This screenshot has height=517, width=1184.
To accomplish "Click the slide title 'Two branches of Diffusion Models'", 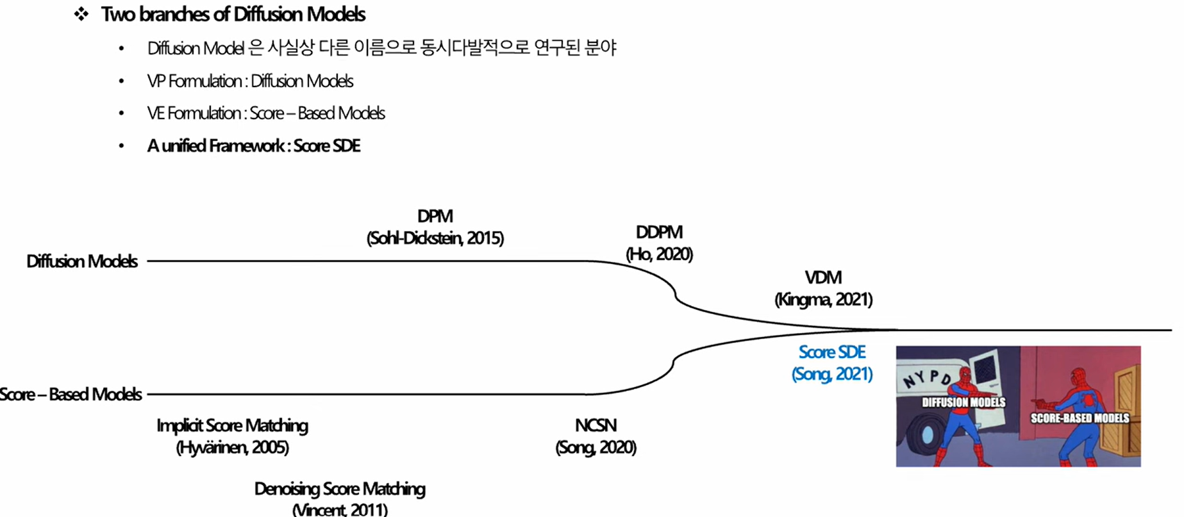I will coord(233,14).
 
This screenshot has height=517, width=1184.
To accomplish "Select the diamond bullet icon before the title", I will coord(81,14).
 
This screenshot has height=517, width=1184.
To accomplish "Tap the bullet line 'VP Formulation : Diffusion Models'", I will coord(250,81).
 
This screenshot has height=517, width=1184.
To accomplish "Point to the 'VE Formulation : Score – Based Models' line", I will coord(265,113).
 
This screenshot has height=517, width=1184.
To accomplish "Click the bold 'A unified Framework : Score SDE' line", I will coord(254,146).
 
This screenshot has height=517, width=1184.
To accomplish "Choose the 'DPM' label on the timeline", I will coord(435,217).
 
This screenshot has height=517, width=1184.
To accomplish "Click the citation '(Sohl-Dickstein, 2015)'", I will coord(435,238).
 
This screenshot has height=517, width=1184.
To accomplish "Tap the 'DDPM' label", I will coord(659,232).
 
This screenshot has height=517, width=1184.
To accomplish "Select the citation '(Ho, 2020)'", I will coord(659,254).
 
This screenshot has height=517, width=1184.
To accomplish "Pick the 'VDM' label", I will coord(823,277).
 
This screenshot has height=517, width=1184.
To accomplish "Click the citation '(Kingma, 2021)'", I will coord(823,299).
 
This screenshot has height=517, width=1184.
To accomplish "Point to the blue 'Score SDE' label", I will coord(831,352).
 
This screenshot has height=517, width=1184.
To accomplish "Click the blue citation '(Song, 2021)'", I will coord(831,373).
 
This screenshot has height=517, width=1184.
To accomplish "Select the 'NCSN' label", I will coord(596,425).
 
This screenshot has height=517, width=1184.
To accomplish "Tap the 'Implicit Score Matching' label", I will coord(232,425).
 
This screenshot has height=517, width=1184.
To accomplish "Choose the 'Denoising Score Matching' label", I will coord(340,489).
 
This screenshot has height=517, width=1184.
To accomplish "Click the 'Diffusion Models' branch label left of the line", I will coord(82,261).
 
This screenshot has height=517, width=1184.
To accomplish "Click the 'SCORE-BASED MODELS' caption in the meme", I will coord(1080,418).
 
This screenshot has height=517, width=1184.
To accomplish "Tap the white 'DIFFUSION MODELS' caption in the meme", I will coord(963,402).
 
